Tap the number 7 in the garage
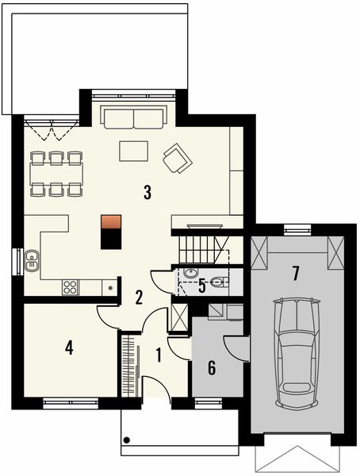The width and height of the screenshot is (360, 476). click(295, 274)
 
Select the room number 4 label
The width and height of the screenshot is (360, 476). click(70, 347)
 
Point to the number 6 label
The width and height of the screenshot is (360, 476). click(212, 367)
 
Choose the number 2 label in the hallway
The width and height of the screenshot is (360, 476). click(139, 297)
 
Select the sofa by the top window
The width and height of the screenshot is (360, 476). click(133, 118)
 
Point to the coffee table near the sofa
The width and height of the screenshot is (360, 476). click(134, 150)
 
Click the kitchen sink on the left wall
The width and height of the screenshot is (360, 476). click(33, 259)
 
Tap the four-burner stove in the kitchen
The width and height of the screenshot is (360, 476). click(70, 286)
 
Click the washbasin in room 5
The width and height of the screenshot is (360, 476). click(191, 274)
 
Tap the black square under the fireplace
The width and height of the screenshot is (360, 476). click(112, 238)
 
